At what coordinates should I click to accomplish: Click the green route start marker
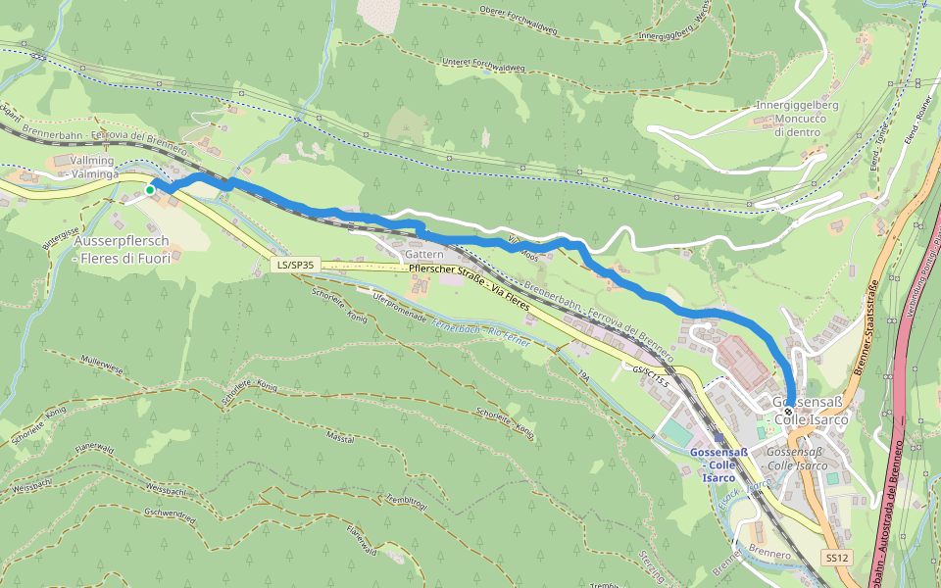150,190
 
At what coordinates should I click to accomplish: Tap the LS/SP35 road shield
295,265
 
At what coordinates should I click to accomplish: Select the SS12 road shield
835,558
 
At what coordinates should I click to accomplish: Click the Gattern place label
424,254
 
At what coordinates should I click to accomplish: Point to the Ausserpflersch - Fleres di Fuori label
122,250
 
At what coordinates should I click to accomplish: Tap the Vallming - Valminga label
93,167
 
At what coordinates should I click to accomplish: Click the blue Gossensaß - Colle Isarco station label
719,465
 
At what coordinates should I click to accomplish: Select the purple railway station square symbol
719,440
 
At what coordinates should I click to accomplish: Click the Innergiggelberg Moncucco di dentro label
797,119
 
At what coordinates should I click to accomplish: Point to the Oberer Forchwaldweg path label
519,20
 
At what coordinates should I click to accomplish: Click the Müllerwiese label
102,366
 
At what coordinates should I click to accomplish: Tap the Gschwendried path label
170,514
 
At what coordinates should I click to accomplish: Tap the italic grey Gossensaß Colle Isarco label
797,458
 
